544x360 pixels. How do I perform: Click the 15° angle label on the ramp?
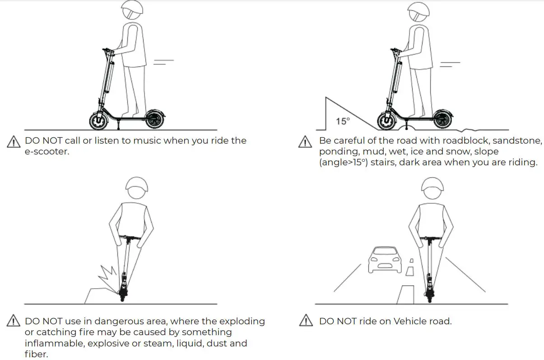tap(343, 121)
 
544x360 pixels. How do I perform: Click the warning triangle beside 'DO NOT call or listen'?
tap(14, 142)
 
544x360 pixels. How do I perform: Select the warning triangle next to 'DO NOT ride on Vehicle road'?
tap(307, 321)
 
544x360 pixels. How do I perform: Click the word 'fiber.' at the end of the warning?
tap(36, 354)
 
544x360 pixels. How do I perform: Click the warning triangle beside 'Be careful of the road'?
tap(306, 142)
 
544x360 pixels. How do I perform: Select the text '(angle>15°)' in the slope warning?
tap(344, 163)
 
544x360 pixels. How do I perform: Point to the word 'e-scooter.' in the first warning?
tap(47, 151)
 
